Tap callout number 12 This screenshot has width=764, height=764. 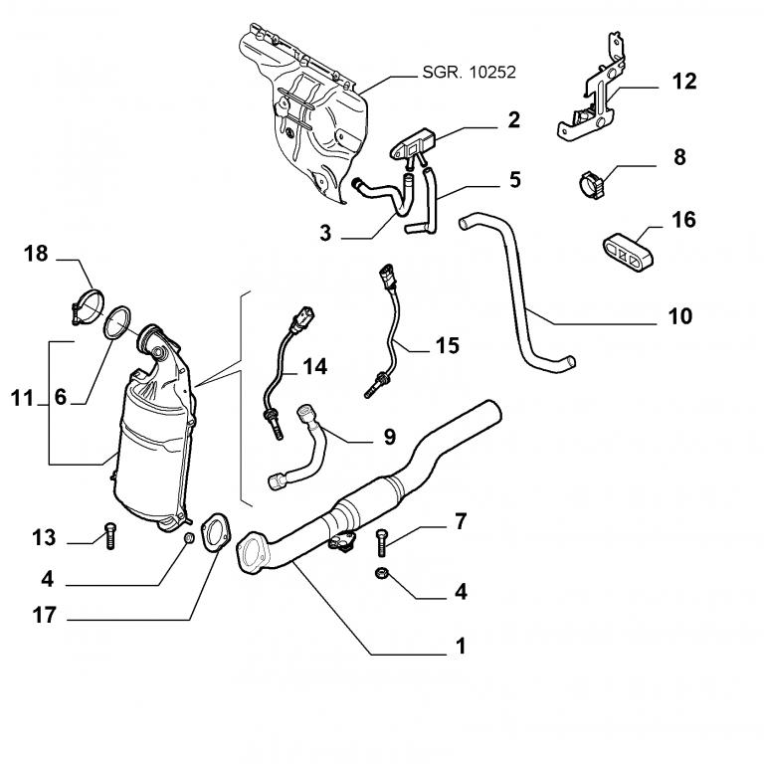pyautogui.click(x=684, y=82)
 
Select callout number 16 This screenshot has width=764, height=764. pyautogui.click(x=684, y=219)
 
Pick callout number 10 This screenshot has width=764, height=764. pyautogui.click(x=680, y=317)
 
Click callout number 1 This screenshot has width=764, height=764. pyautogui.click(x=460, y=647)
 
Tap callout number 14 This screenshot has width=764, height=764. pyautogui.click(x=314, y=367)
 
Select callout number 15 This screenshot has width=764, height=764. pyautogui.click(x=448, y=346)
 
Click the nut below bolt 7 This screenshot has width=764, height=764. pyautogui.click(x=382, y=573)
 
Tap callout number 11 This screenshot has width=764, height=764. pyautogui.click(x=22, y=399)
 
